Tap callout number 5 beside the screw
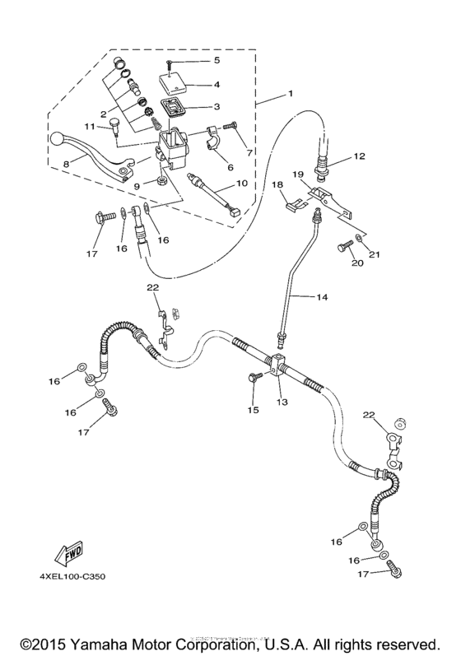(x=217, y=60)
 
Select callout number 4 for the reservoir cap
(x=217, y=84)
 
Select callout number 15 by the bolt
(x=254, y=408)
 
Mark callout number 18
(x=278, y=186)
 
